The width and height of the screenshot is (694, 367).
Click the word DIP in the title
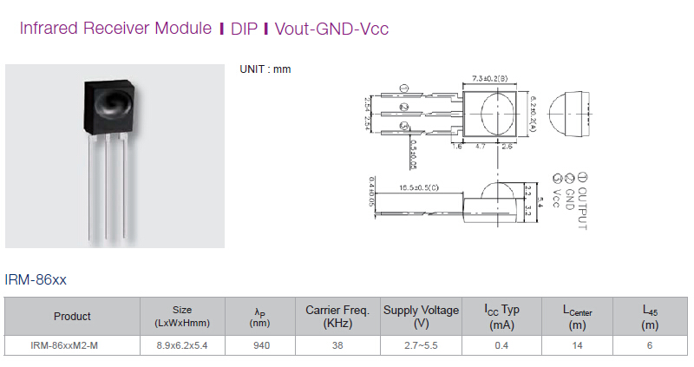(243, 28)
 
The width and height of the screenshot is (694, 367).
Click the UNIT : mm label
(265, 69)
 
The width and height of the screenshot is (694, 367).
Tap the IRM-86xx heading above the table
(36, 279)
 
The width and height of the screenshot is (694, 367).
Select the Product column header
(72, 316)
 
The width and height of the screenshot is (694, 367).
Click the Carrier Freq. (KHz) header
(337, 316)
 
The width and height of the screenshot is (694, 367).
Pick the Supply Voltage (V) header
(421, 316)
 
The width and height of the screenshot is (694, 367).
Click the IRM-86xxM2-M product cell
(72, 345)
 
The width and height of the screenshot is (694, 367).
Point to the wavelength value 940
(260, 345)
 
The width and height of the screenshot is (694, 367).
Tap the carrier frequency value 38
(337, 345)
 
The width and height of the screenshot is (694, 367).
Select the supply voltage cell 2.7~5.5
(421, 345)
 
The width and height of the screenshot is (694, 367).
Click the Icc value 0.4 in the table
(501, 345)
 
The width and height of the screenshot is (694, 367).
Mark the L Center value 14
(577, 345)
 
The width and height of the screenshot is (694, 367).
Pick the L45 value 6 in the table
(650, 345)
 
